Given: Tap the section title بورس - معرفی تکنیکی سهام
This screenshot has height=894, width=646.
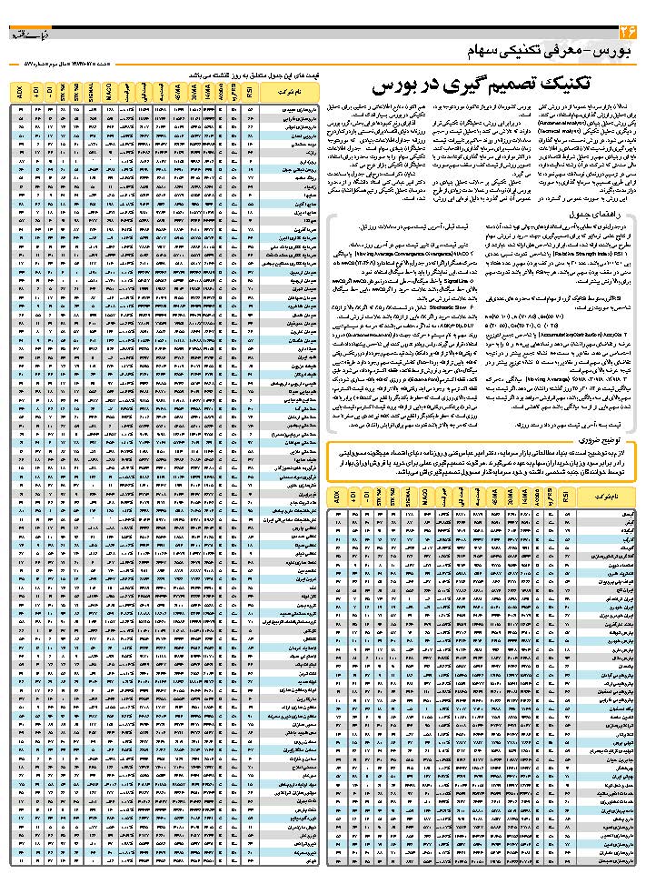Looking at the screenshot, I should [x=546, y=50].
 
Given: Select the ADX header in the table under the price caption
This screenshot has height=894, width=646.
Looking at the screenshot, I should [x=21, y=92].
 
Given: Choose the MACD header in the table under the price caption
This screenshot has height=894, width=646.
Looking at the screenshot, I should [x=109, y=92].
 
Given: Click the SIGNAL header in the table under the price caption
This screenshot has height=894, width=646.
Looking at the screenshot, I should [x=93, y=92].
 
